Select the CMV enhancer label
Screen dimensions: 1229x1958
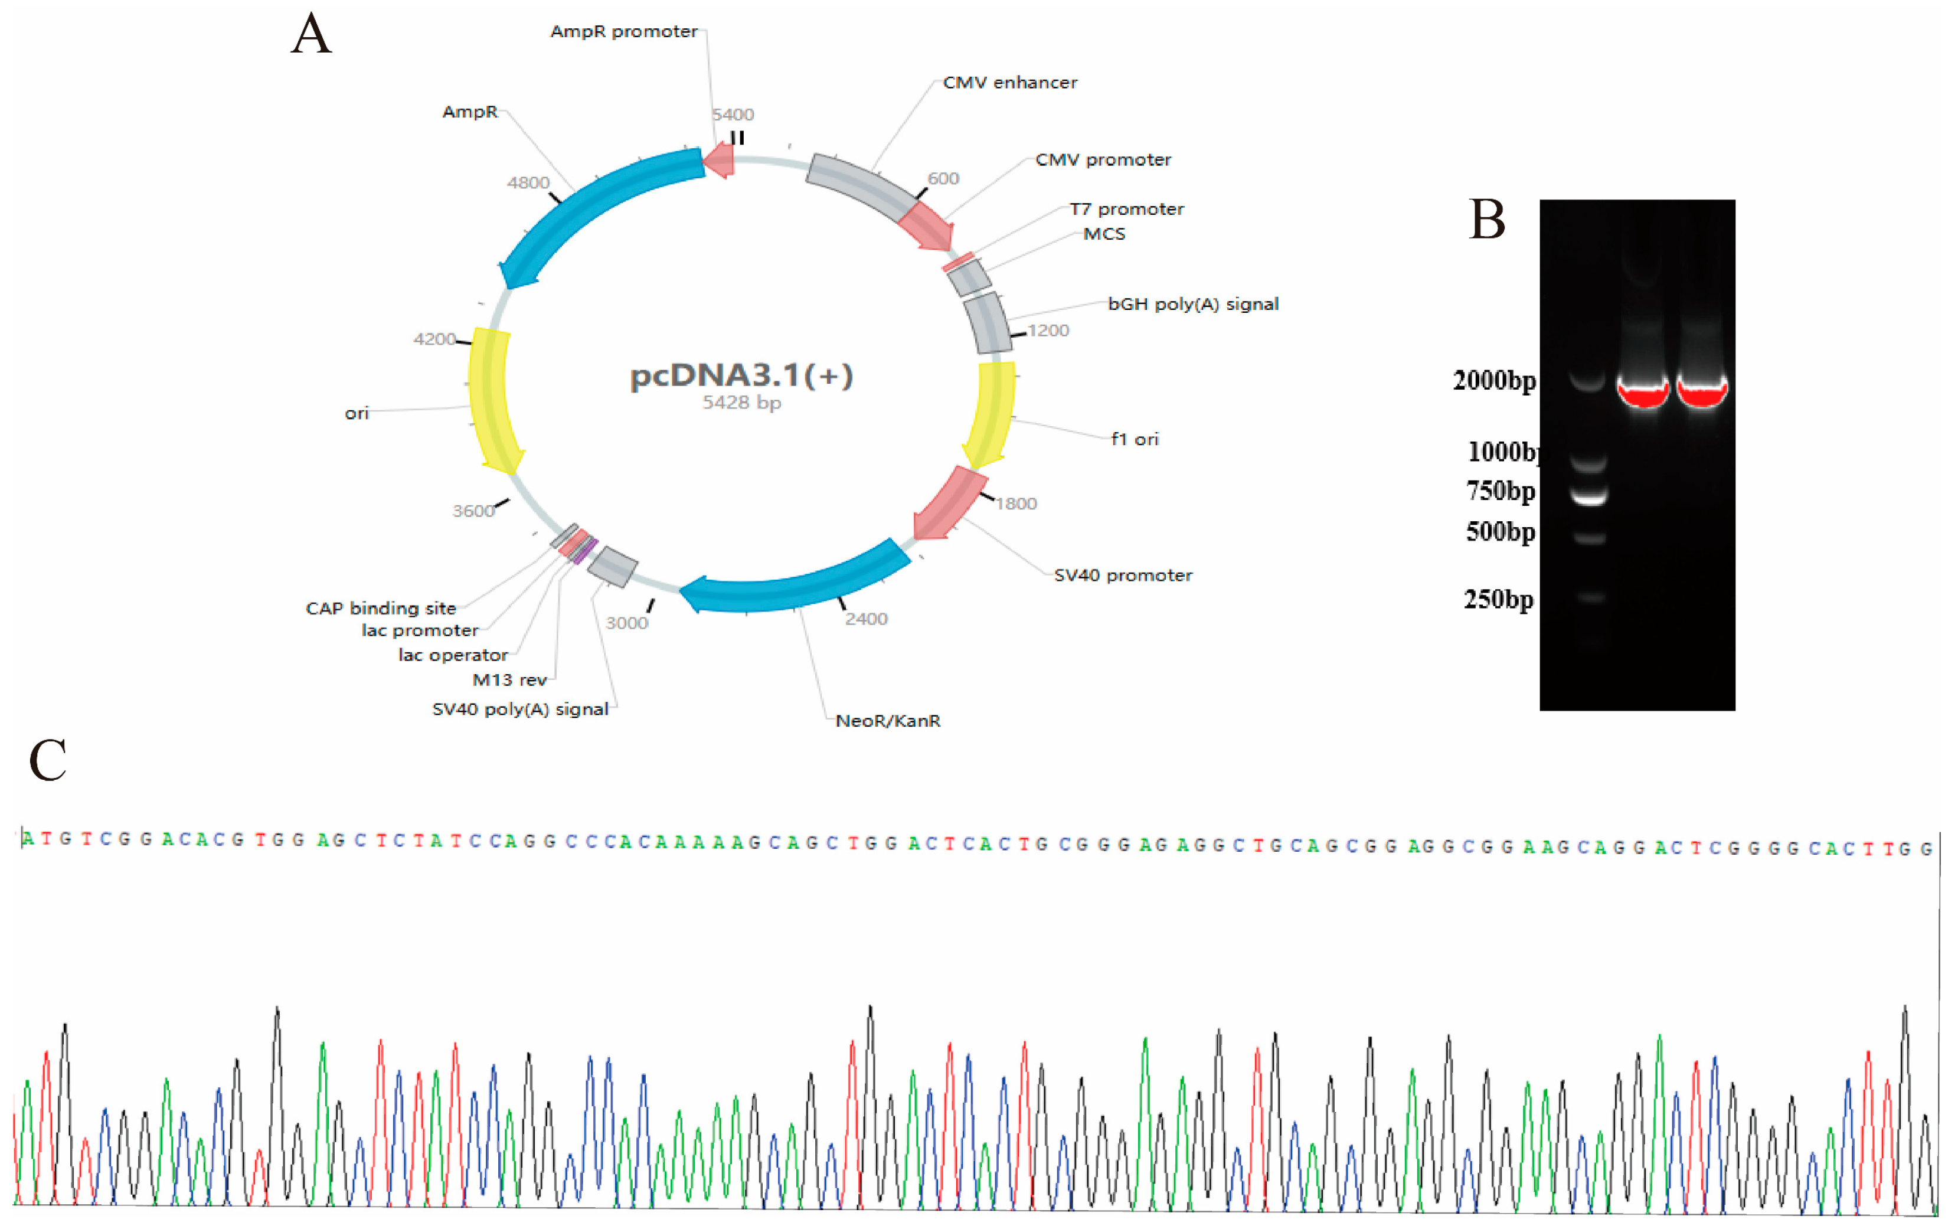1009,83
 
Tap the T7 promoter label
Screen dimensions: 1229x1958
1126,209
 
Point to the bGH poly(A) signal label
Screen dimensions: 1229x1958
1192,304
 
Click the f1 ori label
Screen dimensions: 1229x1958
1134,439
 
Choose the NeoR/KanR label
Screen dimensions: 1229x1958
888,721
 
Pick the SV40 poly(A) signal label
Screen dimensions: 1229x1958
520,709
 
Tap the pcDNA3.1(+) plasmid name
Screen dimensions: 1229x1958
741,375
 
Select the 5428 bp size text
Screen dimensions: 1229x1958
741,403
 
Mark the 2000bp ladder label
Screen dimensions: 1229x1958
1494,380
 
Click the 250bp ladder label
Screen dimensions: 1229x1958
1498,600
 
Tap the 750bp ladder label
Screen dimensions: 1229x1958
1501,491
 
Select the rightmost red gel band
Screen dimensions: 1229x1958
1701,393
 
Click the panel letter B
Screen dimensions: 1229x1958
1486,220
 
